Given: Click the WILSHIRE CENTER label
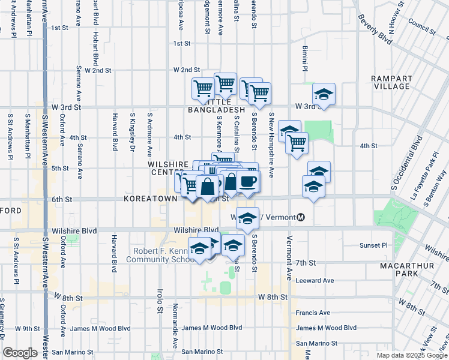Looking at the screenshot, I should pyautogui.click(x=169, y=168).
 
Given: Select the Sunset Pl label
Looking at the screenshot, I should pyautogui.click(x=376, y=245).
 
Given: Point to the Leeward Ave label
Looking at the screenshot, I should pyautogui.click(x=315, y=280).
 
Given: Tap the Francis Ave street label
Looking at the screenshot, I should pyautogui.click(x=313, y=313).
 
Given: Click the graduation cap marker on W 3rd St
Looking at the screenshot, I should pyautogui.click(x=324, y=94).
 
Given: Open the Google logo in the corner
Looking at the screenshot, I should pyautogui.click(x=20, y=353).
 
